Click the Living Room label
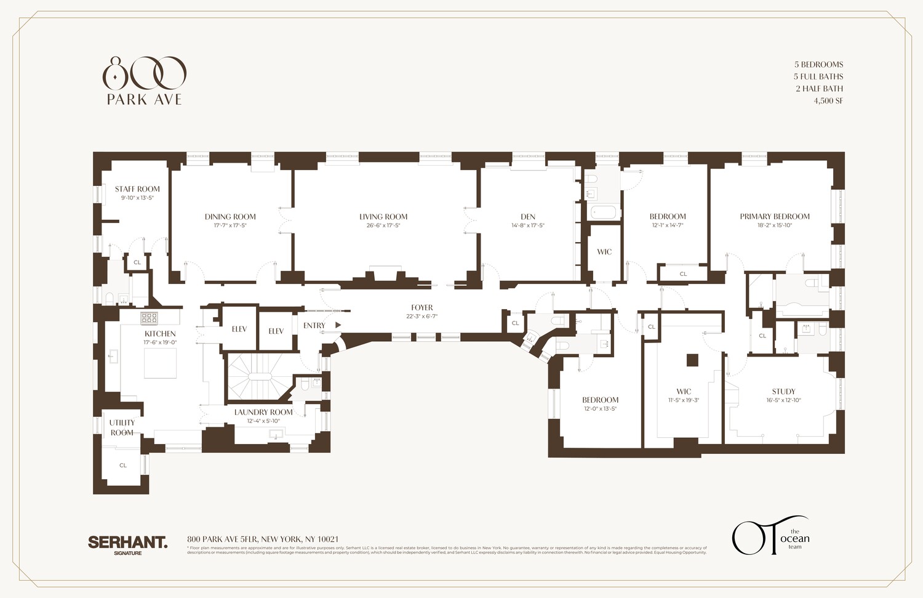[383, 217]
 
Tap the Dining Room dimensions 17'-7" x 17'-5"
[230, 226]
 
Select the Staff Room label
[137, 189]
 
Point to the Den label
[528, 217]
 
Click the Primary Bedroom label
[775, 217]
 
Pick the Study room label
[783, 392]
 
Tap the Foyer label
[422, 308]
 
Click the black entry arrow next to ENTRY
[338, 325]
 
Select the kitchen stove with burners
[150, 318]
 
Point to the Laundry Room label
[263, 413]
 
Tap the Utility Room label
[122, 427]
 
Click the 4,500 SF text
[828, 100]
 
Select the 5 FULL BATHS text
[818, 76]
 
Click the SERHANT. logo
[127, 543]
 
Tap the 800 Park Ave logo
[144, 81]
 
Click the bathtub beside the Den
[602, 212]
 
